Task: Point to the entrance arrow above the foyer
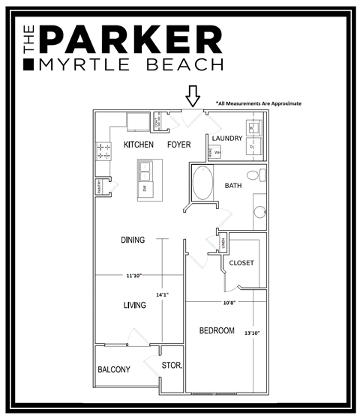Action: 193,96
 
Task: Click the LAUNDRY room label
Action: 227,139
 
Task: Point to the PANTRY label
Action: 98,189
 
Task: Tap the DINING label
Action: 133,240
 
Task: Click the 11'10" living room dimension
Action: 134,276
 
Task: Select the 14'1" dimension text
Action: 161,294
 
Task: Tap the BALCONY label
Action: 114,369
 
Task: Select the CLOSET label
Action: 241,263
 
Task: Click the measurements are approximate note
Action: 258,104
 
